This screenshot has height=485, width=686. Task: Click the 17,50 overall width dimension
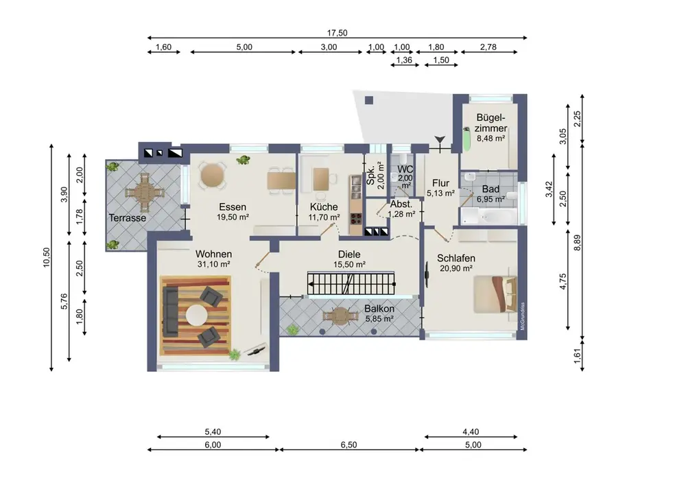click(337, 33)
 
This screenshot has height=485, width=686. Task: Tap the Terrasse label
click(128, 217)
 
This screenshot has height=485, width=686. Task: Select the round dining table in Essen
click(212, 176)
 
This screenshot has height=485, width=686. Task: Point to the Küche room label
click(324, 207)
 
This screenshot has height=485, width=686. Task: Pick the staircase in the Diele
click(351, 283)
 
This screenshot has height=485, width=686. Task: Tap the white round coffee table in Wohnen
click(197, 316)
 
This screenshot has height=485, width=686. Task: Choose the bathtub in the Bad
click(489, 216)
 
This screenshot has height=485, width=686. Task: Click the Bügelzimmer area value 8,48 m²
click(491, 138)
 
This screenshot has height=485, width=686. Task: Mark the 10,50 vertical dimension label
click(47, 257)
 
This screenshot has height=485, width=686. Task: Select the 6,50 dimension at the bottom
click(348, 445)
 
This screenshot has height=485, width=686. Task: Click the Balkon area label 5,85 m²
click(379, 319)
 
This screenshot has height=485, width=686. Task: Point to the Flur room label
click(440, 183)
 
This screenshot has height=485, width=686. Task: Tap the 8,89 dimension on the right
click(578, 243)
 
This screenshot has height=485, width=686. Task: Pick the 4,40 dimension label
click(471, 431)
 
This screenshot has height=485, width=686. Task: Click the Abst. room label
click(401, 204)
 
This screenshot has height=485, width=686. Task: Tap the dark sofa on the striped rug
click(169, 311)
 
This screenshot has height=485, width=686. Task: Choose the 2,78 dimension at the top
click(488, 47)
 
